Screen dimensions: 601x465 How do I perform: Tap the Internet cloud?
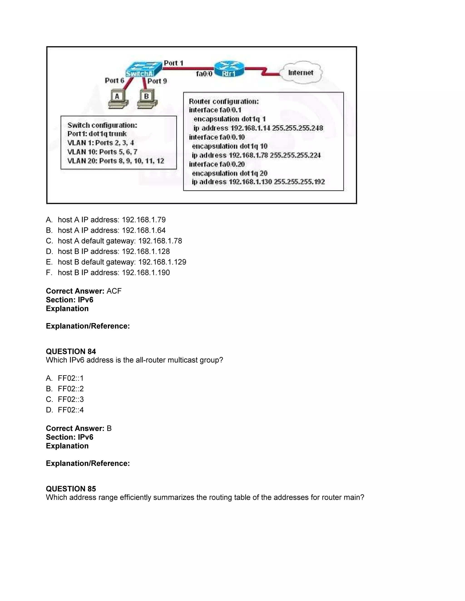[301, 72]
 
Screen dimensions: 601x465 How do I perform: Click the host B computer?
[147, 99]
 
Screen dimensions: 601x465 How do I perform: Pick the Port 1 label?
[173, 63]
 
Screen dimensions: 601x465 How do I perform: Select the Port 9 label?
[157, 81]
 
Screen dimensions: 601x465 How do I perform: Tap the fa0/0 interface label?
[204, 74]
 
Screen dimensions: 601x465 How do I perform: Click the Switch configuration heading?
[102, 125]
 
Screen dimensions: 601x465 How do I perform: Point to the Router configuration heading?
[224, 102]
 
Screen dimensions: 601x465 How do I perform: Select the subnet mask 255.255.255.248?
[297, 128]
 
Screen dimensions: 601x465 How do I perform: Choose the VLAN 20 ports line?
[116, 161]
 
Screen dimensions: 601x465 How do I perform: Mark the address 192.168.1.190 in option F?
[146, 272]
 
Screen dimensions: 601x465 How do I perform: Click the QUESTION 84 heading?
[71, 351]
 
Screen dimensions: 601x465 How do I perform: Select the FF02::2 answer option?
[71, 388]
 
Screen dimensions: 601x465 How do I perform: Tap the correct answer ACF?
[114, 291]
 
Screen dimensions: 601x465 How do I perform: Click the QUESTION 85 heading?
[71, 489]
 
